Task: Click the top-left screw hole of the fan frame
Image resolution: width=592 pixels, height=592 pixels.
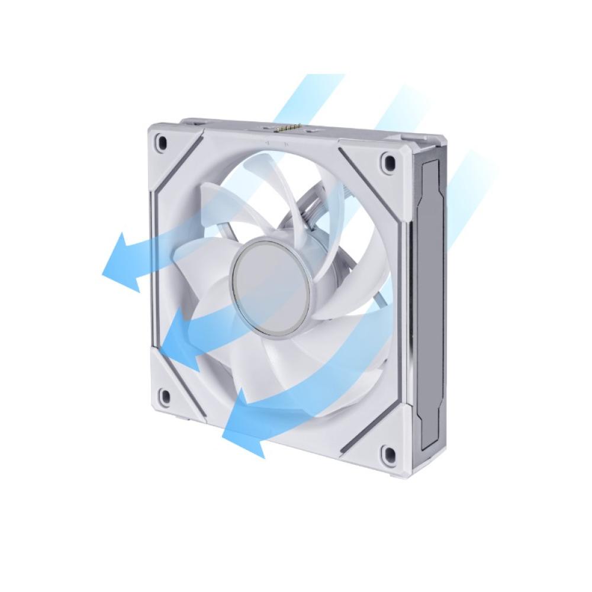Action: (x=161, y=141)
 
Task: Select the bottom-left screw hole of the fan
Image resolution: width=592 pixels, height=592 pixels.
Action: (x=165, y=395)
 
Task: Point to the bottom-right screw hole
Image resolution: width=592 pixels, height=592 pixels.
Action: (x=388, y=455)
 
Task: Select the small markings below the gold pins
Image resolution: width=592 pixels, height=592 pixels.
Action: (x=277, y=143)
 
